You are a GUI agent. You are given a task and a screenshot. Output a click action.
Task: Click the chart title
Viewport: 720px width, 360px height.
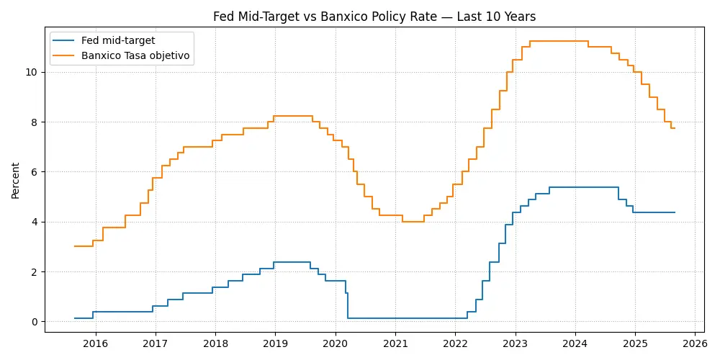point(374,17)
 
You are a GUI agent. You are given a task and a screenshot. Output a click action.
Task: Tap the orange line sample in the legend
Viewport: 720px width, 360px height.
point(64,55)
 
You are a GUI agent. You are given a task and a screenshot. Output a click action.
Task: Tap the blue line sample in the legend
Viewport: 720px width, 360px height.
point(64,40)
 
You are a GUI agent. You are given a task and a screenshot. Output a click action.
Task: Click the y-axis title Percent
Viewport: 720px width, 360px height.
point(16,180)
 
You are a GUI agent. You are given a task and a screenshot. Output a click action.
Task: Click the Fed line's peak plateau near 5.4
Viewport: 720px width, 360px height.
point(583,187)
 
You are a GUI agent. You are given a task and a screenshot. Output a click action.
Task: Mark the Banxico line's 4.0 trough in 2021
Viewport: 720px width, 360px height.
point(413,222)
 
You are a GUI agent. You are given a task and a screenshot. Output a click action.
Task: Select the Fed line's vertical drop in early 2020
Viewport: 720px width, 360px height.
point(348,305)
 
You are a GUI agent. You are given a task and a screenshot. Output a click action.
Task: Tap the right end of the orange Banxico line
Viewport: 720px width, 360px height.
point(675,128)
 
